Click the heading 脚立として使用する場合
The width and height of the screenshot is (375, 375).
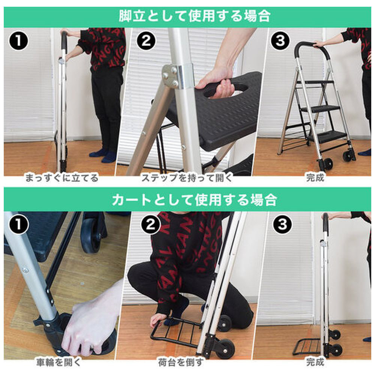(194, 16)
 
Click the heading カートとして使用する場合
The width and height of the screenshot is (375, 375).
(194, 200)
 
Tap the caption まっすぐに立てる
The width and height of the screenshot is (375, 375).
(62, 178)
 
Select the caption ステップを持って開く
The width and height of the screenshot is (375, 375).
(187, 178)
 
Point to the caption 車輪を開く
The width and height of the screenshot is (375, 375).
(59, 362)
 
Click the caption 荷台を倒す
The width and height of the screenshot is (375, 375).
(181, 362)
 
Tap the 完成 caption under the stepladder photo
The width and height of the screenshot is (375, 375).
(315, 178)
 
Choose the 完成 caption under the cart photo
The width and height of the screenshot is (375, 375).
(315, 362)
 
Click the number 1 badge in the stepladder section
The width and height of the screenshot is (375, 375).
(18, 41)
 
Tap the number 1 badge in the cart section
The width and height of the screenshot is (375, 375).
(18, 225)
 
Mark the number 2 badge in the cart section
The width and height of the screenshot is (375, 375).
(150, 225)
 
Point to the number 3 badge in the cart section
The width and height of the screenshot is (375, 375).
(282, 224)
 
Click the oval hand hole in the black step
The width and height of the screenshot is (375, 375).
(225, 90)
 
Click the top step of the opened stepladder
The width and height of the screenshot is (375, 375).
(315, 82)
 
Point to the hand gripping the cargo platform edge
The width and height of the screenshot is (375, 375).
(158, 320)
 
